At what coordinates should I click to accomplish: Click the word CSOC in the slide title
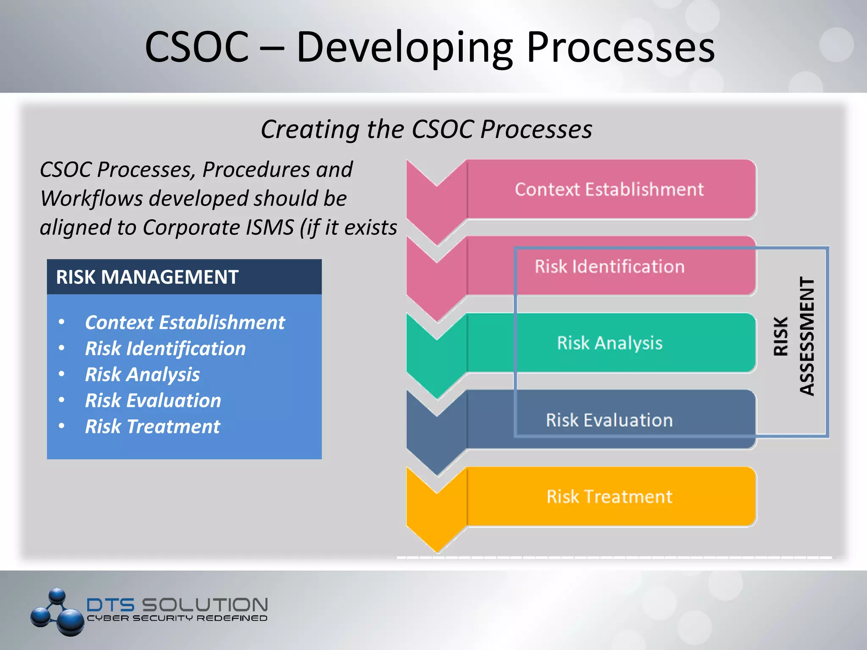pyautogui.click(x=196, y=47)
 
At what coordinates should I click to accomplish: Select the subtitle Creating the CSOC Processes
pyautogui.click(x=426, y=129)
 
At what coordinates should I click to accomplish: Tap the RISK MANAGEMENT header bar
pyautogui.click(x=184, y=277)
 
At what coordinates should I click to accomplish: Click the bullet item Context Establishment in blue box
pyautogui.click(x=185, y=322)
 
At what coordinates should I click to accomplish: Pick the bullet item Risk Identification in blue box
pyautogui.click(x=165, y=349)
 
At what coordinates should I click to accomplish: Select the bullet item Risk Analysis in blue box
pyautogui.click(x=142, y=375)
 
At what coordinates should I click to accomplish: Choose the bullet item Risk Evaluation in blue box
pyautogui.click(x=153, y=401)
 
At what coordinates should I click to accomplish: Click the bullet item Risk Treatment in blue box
pyautogui.click(x=152, y=427)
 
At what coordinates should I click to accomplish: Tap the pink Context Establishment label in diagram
pyautogui.click(x=609, y=190)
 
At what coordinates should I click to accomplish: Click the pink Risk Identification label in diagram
pyautogui.click(x=609, y=267)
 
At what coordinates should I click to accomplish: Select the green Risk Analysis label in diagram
pyautogui.click(x=609, y=343)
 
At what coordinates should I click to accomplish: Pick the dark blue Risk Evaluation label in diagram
pyautogui.click(x=609, y=420)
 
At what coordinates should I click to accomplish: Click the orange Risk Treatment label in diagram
pyautogui.click(x=609, y=497)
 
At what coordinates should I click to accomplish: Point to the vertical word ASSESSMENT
pyautogui.click(x=807, y=336)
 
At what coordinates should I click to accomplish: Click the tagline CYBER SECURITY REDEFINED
pyautogui.click(x=177, y=618)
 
